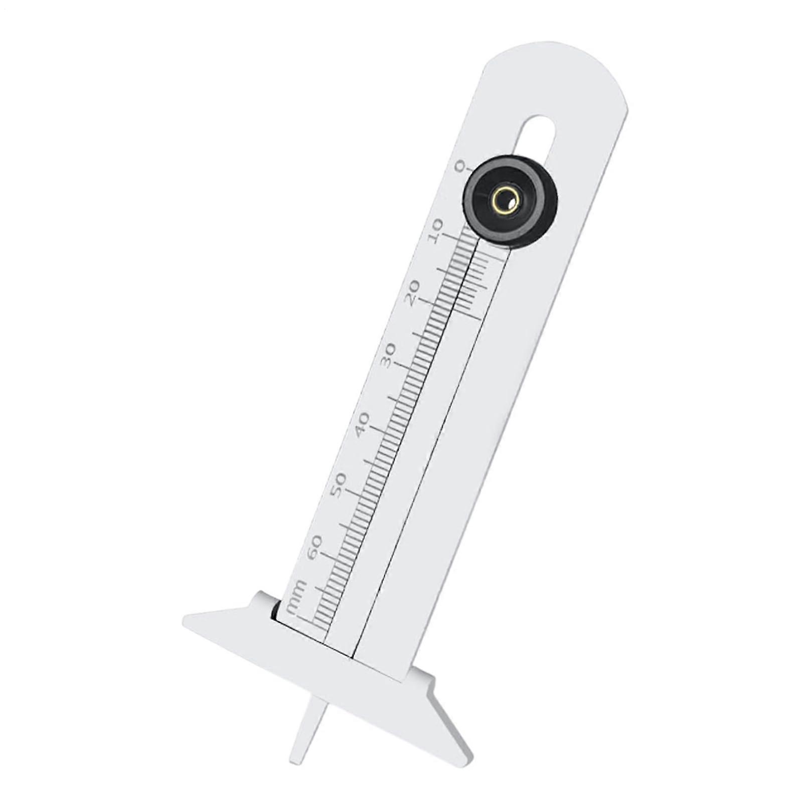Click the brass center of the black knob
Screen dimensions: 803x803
506,201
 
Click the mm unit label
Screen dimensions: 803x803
296,595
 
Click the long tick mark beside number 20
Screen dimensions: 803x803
426,302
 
